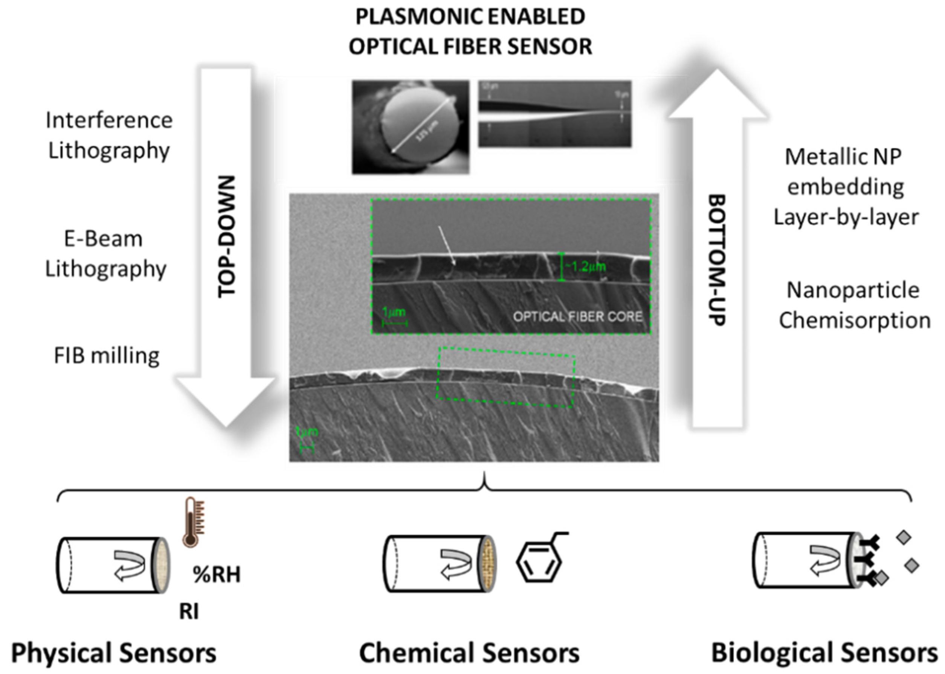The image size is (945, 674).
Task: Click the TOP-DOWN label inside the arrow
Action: (x=227, y=237)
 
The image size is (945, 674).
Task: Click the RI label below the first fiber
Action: (x=189, y=611)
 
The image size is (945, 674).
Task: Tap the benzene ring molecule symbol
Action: (x=538, y=563)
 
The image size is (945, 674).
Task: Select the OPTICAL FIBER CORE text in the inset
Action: (x=577, y=316)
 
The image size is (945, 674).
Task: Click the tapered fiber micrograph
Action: (x=554, y=114)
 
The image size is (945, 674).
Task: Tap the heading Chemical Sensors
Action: (x=469, y=653)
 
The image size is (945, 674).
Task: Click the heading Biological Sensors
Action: (x=824, y=653)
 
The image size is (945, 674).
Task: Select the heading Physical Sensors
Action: (x=113, y=653)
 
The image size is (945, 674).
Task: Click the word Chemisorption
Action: (x=855, y=321)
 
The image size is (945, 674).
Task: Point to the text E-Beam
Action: (x=103, y=239)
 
